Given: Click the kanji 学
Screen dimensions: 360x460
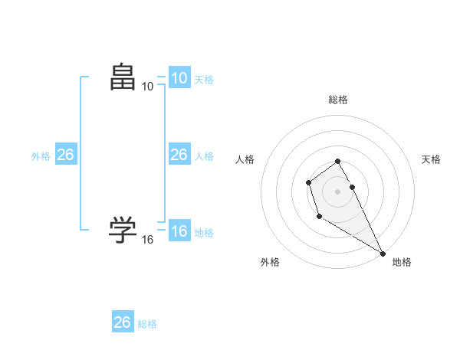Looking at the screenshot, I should (123, 229).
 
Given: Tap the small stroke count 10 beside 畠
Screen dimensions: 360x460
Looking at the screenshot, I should (147, 87).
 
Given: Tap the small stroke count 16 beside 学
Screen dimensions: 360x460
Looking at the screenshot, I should (147, 240).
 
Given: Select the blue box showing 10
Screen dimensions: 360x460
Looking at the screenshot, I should (179, 78).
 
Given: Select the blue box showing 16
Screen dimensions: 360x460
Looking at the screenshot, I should (179, 231).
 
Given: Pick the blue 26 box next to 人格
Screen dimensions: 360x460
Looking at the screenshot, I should (179, 155).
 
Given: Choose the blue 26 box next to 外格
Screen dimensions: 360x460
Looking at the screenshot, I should (65, 155).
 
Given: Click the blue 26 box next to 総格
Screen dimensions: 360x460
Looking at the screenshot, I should (123, 322).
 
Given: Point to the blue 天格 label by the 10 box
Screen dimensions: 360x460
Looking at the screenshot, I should (204, 80).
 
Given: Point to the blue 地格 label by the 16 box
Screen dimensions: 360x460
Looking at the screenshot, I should (204, 233).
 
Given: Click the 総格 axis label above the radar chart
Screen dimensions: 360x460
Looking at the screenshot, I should (338, 100).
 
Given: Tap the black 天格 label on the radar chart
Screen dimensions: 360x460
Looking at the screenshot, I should (431, 159).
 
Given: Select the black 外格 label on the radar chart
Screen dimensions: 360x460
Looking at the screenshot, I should (270, 262).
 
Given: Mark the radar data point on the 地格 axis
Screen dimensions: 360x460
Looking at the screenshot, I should (383, 253).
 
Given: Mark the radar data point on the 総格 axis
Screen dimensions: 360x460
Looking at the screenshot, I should (338, 161).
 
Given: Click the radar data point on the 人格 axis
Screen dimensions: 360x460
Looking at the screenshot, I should (308, 182).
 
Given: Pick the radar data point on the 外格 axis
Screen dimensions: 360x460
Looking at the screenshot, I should (319, 217).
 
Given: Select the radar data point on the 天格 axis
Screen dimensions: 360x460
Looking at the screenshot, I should (353, 187).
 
